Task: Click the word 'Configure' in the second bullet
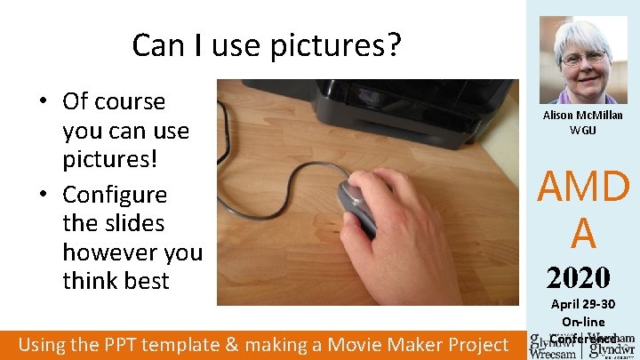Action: [x=115, y=194]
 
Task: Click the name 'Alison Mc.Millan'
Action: [x=582, y=116]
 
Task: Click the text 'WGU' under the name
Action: [x=582, y=131]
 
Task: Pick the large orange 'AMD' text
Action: [x=583, y=187]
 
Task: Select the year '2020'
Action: [x=578, y=277]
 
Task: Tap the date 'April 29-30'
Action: [x=583, y=305]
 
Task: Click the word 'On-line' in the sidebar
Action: [x=583, y=321]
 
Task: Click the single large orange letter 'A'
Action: [x=583, y=233]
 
